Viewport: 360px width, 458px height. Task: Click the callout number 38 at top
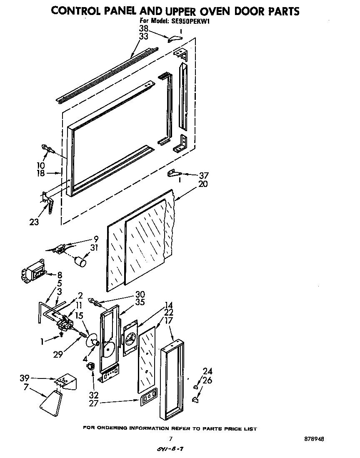point(144,29)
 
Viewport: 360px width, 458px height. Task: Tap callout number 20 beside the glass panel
point(203,184)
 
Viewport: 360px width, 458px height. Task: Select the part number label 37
point(204,175)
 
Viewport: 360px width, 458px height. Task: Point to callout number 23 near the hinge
point(34,222)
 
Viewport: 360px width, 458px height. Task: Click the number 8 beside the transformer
point(60,275)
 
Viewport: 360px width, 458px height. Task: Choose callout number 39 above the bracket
point(25,378)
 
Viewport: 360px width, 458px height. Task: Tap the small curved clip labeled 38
point(175,38)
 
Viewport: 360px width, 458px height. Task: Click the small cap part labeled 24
point(195,387)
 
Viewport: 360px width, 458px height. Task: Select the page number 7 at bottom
point(170,439)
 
